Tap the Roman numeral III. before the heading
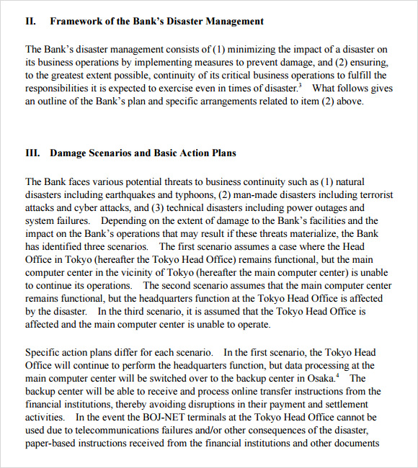[32, 153]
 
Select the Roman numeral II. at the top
[30, 21]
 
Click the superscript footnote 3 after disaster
[300, 86]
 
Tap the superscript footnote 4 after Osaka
[337, 375]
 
